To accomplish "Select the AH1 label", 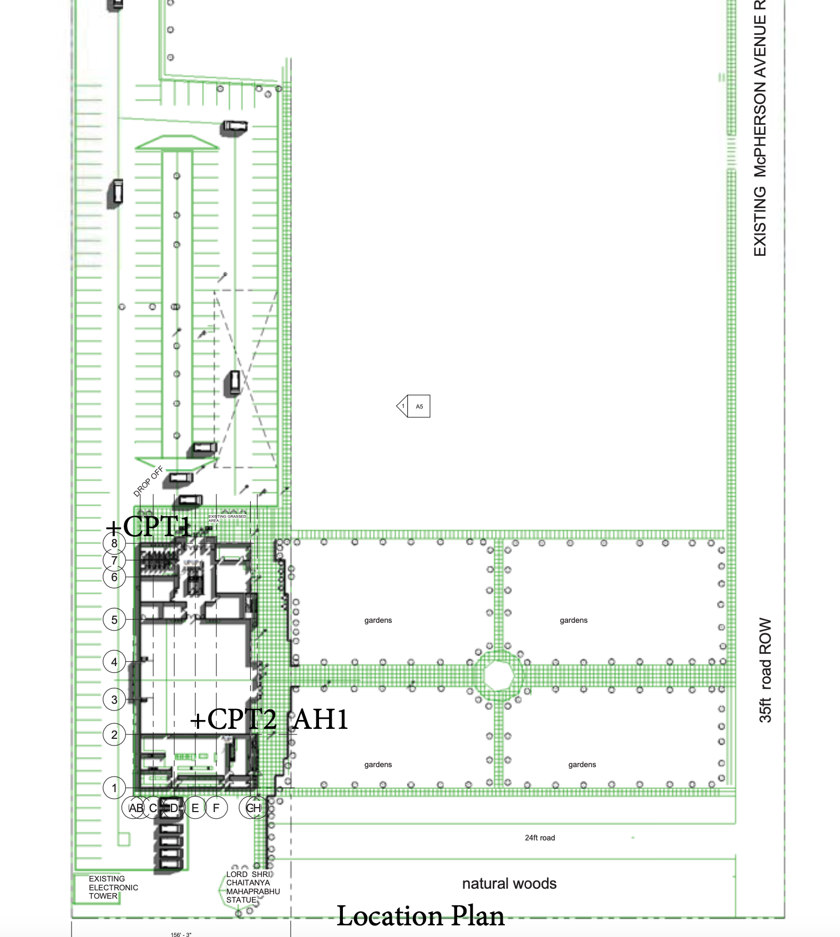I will click(x=321, y=719).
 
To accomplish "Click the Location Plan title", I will click(x=421, y=916).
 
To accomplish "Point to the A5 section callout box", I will click(x=418, y=406).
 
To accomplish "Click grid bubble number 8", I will click(x=114, y=543).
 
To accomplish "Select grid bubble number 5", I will click(x=114, y=619).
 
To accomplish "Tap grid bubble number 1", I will click(x=114, y=788).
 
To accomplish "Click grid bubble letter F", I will click(x=216, y=808).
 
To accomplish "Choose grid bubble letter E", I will click(x=195, y=808).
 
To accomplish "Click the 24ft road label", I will click(x=539, y=838).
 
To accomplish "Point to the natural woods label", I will click(x=509, y=884).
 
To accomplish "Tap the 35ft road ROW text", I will click(x=765, y=670).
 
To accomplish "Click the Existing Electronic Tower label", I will click(x=113, y=887).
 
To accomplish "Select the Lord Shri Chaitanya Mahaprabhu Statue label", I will click(x=252, y=887).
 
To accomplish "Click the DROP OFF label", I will click(x=148, y=481).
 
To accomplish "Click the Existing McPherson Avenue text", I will click(x=760, y=128).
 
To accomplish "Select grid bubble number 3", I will click(x=114, y=699).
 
